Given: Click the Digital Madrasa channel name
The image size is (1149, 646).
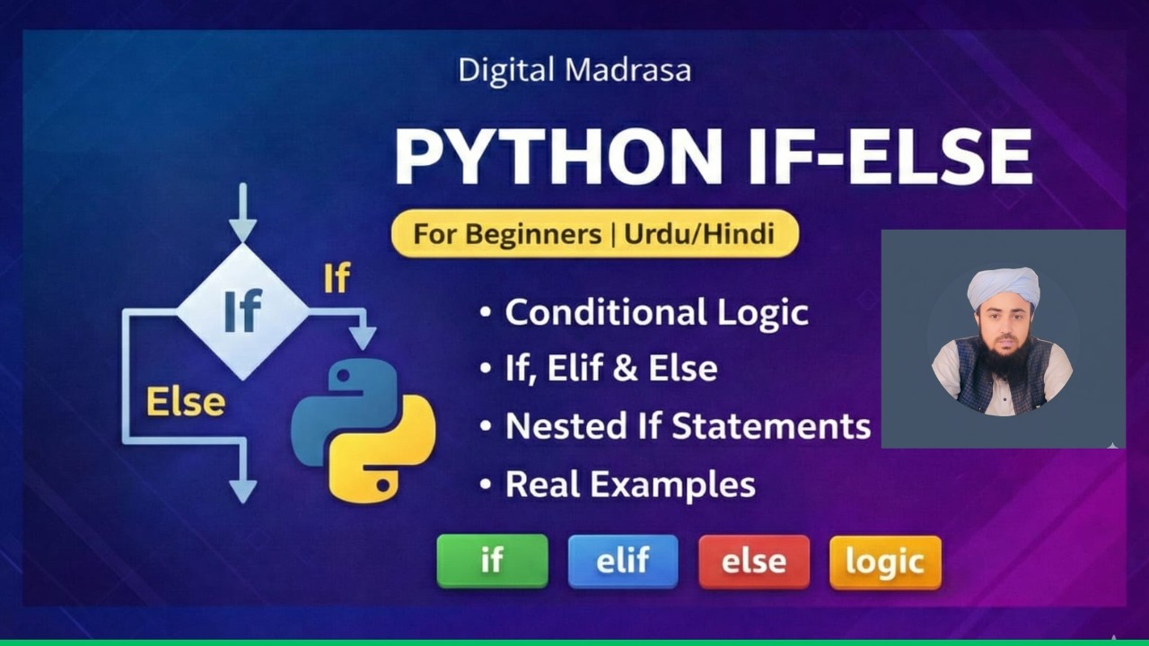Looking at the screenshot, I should point(574,71).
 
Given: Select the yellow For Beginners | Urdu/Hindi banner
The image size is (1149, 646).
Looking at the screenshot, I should point(594,235).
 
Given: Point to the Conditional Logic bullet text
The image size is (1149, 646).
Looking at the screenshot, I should point(656,313).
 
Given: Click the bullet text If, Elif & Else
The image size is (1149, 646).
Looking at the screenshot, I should point(610,369).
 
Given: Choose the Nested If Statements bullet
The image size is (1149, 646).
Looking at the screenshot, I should point(688,425).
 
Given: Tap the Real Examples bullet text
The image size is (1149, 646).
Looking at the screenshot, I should point(629,484).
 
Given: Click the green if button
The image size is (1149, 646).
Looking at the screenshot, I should point(492,562).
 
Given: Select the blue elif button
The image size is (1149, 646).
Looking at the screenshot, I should point(623,562).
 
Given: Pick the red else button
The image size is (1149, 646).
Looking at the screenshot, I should point(754,562).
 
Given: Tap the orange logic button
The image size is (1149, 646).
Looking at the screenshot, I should point(885,563).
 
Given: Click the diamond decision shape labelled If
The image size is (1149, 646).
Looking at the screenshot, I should point(242,311).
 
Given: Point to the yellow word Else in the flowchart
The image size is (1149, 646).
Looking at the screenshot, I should point(186,403).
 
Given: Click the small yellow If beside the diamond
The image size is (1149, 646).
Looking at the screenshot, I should point(336,279).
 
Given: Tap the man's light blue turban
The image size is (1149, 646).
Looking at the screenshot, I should point(1003,285).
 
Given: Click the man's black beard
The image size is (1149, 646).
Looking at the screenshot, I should point(1003,361).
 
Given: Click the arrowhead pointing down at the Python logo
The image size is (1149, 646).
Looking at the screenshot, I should point(363,338).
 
